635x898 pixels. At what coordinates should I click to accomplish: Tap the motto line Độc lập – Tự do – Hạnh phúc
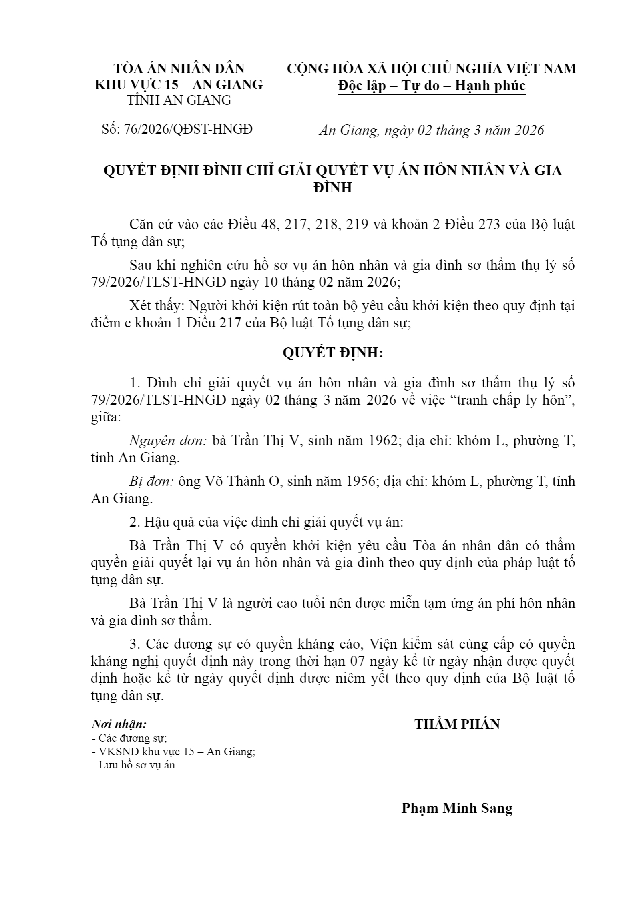431,86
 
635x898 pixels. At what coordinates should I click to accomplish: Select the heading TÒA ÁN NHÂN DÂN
179,68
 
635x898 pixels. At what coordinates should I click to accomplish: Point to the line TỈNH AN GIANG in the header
179,100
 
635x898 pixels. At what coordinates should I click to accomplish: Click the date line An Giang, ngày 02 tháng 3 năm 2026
431,130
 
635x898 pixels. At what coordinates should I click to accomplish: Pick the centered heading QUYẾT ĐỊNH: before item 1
333,353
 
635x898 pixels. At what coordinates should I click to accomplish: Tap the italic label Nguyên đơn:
167,441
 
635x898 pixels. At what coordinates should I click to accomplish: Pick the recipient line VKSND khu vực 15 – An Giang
176,752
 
